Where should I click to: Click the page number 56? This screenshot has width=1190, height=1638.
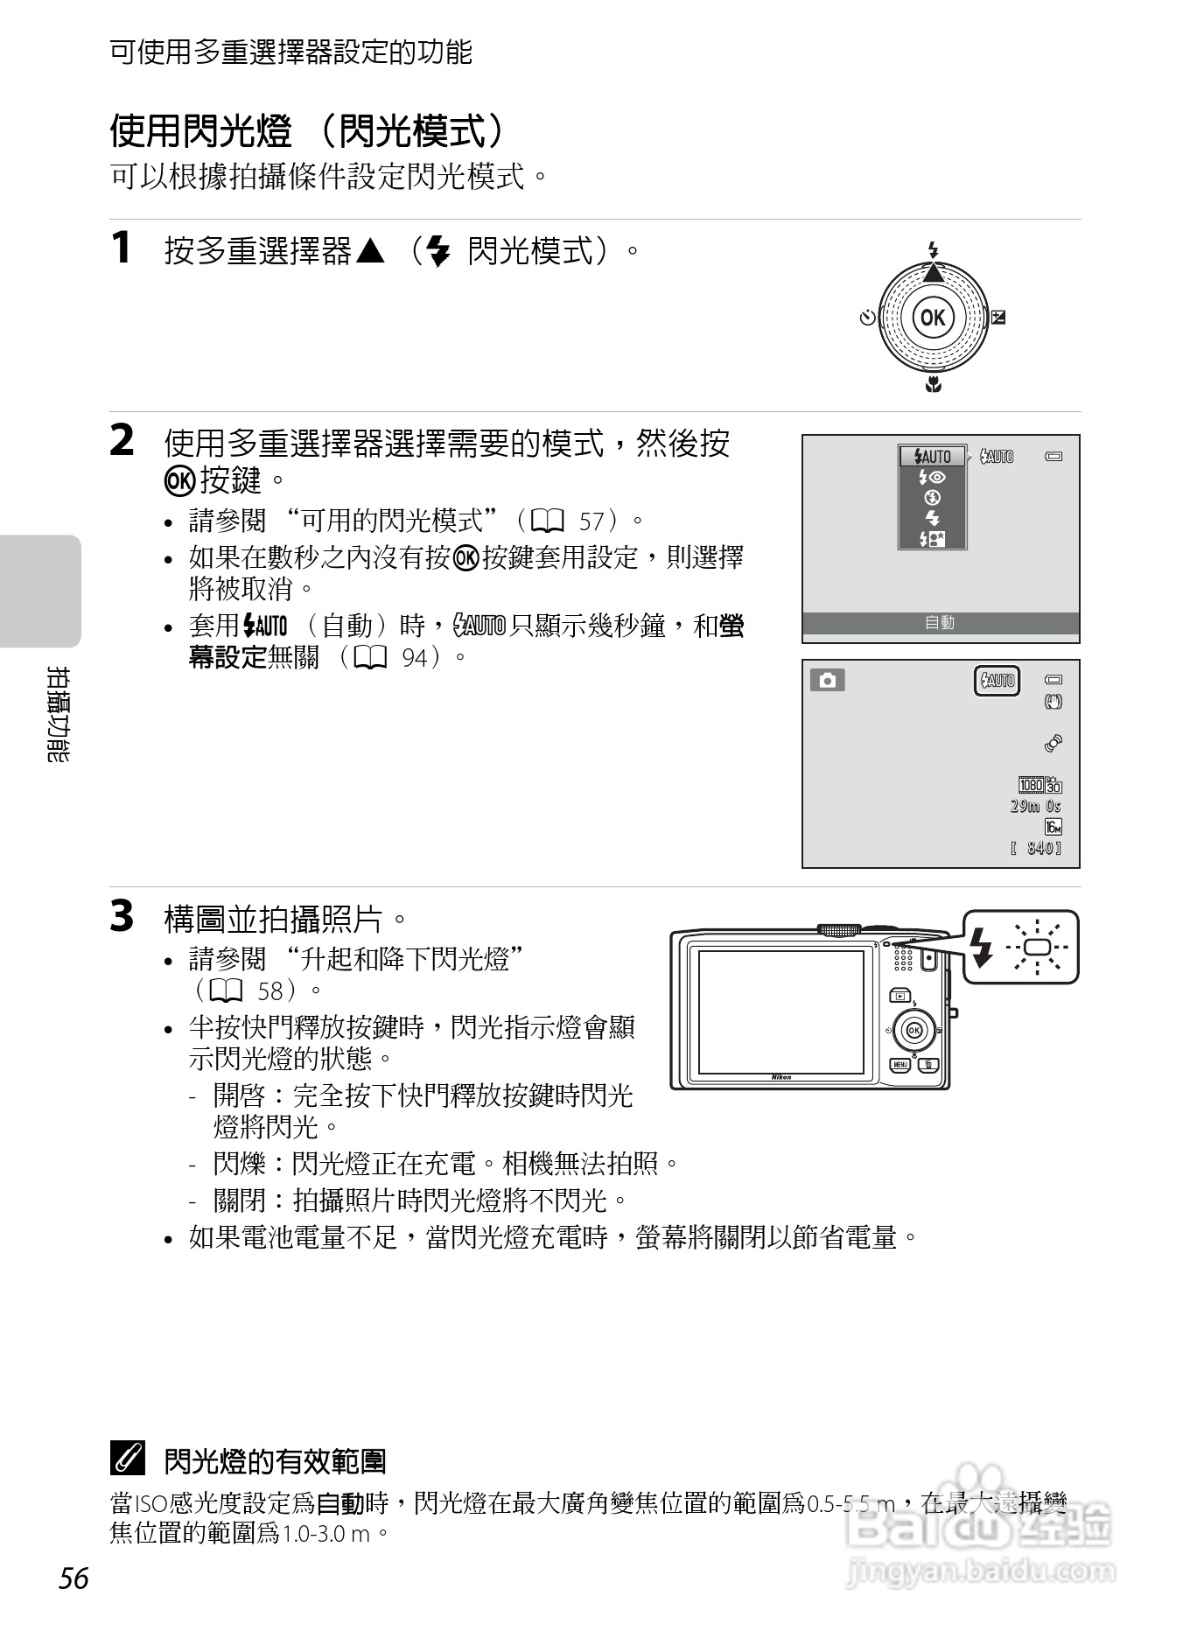click(74, 1578)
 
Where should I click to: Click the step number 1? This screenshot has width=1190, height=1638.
click(122, 248)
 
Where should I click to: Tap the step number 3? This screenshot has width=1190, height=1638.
click(122, 917)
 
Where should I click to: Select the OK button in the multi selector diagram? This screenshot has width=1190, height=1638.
click(933, 317)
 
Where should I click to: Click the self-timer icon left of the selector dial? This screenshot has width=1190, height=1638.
click(866, 318)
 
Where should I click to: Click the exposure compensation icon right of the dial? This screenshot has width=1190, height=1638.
click(998, 318)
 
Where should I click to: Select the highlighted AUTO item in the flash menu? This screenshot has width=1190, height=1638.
click(932, 457)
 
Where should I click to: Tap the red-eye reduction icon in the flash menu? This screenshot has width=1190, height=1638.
click(932, 478)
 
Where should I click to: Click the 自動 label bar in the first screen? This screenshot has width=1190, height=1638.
click(941, 623)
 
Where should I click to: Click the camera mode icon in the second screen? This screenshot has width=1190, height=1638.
click(827, 680)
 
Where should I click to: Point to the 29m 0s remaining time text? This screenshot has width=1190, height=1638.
click(1035, 806)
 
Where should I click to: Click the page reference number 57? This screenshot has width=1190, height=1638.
click(592, 522)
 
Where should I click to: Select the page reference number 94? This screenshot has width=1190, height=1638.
click(415, 658)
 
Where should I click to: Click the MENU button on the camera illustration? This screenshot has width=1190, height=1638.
click(899, 1065)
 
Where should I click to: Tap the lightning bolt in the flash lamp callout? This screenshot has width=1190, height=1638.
click(983, 948)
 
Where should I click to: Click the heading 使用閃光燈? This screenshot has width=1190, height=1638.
click(200, 131)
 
